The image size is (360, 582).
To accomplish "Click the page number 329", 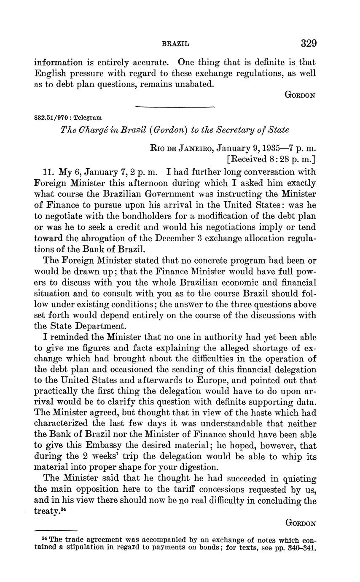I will pos(308,43).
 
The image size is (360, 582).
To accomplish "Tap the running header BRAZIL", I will pos(175,44).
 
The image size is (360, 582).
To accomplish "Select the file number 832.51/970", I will pos(50,118).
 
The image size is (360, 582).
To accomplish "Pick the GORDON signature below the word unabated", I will pos(300,95).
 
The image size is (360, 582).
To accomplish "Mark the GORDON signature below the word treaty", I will pos(300,523).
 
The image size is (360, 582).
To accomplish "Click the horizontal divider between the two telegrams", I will pos(175,107).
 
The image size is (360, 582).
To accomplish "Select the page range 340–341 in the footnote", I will pos(301,549).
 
